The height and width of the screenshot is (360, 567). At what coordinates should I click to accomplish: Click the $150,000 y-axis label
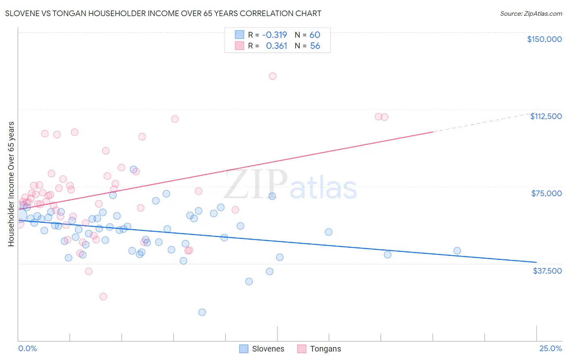tap(544, 39)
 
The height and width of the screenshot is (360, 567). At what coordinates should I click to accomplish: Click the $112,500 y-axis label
tap(546, 116)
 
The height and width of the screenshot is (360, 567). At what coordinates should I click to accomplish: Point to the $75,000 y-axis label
tap(546, 193)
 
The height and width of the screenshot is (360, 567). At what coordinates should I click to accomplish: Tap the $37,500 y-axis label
tap(547, 271)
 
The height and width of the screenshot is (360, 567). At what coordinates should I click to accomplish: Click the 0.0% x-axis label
tap(27, 348)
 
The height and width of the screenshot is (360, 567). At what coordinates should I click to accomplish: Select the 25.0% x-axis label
tap(550, 348)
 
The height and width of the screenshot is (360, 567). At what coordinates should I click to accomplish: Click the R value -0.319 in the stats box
tap(274, 35)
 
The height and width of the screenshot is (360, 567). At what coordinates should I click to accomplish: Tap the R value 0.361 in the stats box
tap(276, 46)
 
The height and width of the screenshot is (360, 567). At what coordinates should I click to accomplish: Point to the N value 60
tap(315, 35)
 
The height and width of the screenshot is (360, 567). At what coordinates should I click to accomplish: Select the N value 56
tap(315, 46)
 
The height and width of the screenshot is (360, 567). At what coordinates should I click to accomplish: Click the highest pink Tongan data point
tap(273, 76)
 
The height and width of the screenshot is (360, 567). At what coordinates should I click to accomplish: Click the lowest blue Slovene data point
tap(202, 312)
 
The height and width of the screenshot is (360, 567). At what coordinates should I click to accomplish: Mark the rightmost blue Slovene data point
tap(457, 251)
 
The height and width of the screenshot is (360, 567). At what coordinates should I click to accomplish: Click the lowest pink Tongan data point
tap(103, 297)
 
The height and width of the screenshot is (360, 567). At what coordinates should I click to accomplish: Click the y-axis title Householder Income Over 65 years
tap(11, 184)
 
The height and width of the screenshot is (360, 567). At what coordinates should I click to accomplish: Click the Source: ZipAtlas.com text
tap(531, 14)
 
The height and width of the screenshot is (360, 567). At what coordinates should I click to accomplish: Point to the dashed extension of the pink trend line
tap(484, 123)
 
